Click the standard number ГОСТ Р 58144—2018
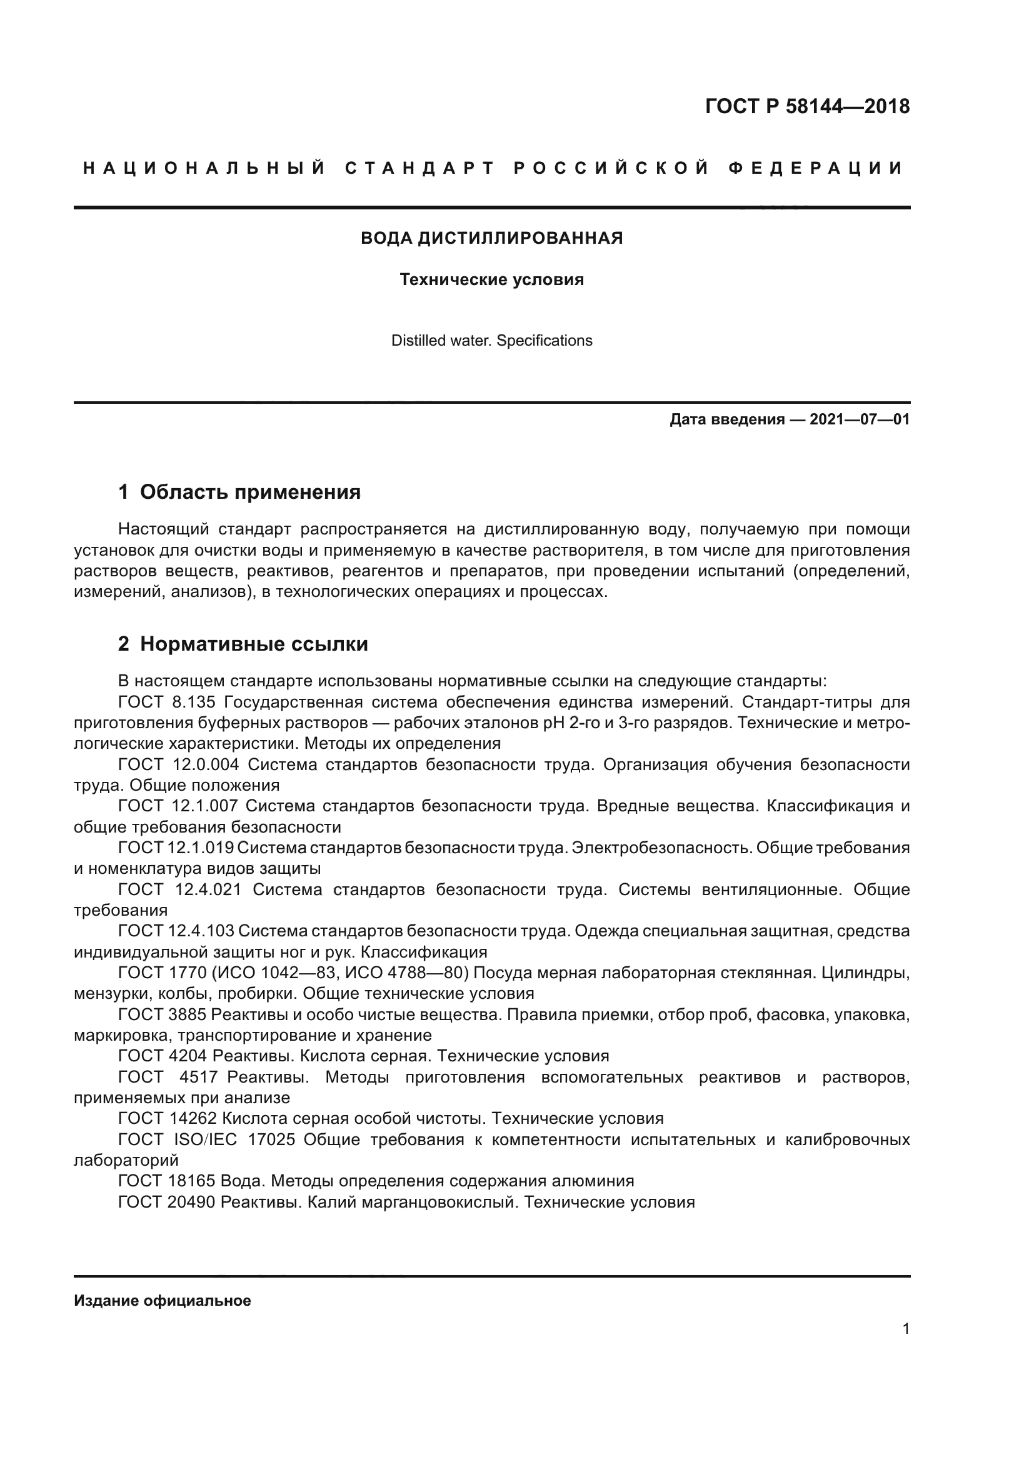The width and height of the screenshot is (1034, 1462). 806,106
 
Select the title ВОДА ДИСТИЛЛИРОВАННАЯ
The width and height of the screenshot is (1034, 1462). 491,238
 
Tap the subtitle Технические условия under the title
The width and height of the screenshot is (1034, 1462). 491,279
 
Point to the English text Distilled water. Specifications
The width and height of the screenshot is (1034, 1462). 491,341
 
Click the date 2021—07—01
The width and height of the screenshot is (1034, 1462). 860,419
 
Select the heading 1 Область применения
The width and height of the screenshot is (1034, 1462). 239,491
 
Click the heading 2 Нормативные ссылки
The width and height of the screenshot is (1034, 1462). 243,644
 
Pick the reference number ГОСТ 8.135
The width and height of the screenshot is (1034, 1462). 168,703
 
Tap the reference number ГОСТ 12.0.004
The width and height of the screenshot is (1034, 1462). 178,764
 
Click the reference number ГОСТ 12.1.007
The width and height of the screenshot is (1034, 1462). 178,806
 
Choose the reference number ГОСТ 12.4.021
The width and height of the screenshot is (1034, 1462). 179,889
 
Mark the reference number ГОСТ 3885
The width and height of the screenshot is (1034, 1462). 162,1014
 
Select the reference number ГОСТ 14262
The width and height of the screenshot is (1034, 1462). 167,1118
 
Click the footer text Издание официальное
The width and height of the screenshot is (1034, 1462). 163,1300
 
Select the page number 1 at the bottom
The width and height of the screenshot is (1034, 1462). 905,1328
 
